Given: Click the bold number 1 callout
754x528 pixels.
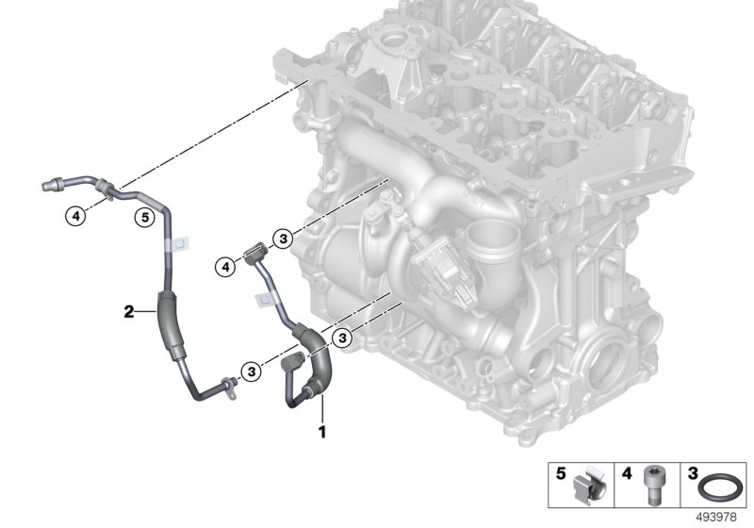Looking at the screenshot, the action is [322, 431].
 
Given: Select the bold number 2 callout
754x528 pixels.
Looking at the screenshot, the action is [129, 311].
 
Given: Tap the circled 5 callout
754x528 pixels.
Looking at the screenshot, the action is [145, 218].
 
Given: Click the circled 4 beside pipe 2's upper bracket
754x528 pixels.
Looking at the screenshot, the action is [75, 217].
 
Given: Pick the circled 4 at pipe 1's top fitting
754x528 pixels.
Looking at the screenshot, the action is [225, 266].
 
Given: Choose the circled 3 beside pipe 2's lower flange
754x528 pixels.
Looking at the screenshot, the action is [251, 371].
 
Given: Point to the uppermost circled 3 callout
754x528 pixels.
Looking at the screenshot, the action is [283, 238].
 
